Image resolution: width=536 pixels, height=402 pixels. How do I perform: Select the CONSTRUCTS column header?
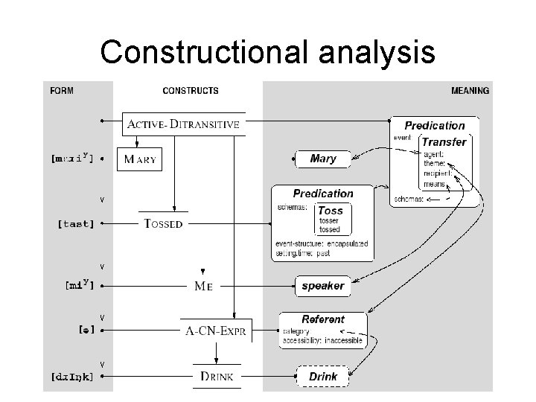[x=191, y=91]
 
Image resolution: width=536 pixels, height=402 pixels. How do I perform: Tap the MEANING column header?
[x=470, y=91]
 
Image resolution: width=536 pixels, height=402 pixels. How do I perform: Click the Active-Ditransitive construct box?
[x=183, y=124]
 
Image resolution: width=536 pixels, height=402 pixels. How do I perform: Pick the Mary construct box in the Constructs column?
[x=139, y=159]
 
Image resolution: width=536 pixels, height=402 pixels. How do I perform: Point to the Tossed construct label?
[x=162, y=223]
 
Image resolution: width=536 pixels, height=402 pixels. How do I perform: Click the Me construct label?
[x=203, y=285]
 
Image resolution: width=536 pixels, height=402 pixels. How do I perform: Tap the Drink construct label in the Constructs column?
[x=217, y=377]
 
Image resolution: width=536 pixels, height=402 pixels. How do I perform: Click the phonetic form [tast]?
[x=75, y=223]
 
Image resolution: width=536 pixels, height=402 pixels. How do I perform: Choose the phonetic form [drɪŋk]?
[x=72, y=377]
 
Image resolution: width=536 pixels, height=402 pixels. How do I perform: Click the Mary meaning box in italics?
[x=322, y=159]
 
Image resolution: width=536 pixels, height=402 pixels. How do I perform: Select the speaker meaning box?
[x=322, y=285]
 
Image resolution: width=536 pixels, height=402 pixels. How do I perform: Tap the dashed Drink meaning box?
[x=323, y=377]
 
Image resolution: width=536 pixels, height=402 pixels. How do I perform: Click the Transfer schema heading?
[x=444, y=142]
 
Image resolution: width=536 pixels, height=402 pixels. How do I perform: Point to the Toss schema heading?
[x=331, y=211]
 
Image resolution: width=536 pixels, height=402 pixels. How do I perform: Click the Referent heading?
[x=322, y=319]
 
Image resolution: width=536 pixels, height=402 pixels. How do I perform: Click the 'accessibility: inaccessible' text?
[x=322, y=340]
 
